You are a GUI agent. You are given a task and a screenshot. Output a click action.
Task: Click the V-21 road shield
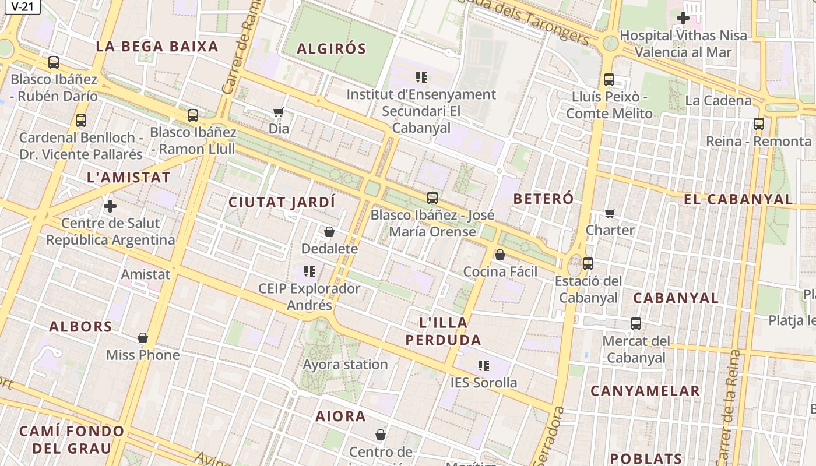tap(22, 6)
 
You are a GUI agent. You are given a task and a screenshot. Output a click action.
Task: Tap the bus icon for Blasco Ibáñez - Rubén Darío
tap(54, 62)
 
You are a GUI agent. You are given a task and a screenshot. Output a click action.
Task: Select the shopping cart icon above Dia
tap(279, 112)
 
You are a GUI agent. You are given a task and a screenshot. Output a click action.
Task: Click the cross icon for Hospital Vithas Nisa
tap(683, 19)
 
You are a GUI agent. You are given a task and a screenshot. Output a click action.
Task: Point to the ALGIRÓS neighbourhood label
tap(332, 49)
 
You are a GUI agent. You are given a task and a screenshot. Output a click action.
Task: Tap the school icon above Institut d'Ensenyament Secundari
tap(421, 77)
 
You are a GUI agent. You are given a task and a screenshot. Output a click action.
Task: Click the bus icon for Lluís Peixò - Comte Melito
tap(609, 80)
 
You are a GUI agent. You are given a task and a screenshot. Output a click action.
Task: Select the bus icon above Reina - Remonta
tap(758, 124)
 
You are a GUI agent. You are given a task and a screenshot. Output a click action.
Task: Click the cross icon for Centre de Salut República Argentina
tap(110, 206)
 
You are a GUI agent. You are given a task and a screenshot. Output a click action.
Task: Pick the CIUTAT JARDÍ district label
tap(282, 203)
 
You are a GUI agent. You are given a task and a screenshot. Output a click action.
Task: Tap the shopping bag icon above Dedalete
tap(329, 232)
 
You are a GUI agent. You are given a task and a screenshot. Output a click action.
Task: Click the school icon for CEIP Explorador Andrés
tap(309, 271)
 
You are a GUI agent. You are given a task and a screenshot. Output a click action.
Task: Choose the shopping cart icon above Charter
tap(610, 213)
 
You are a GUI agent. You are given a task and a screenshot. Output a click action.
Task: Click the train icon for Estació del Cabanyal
tap(588, 264)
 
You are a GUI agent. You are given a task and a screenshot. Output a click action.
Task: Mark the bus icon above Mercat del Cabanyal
tap(636, 324)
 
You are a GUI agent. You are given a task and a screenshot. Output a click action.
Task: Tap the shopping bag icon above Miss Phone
tap(143, 338)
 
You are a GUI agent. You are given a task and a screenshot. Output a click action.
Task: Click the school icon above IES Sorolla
tap(484, 366)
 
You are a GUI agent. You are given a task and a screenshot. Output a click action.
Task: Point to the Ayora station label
tap(345, 365)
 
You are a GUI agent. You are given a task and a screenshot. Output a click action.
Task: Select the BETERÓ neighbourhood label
tap(543, 199)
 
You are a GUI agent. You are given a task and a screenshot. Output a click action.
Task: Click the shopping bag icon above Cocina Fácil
tap(500, 255)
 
